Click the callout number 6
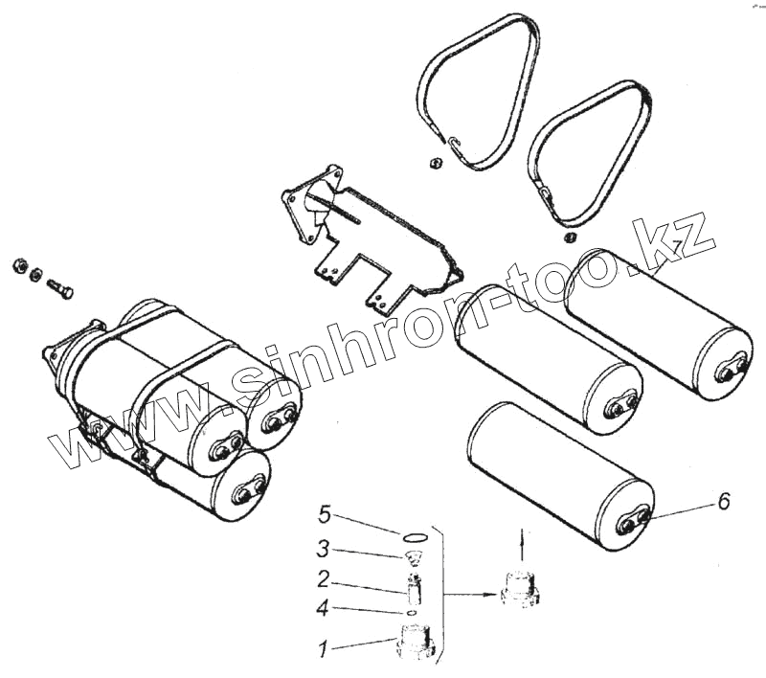724,501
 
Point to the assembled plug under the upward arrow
519,585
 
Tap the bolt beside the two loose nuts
58,285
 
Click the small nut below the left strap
433,164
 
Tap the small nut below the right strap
570,237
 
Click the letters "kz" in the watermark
682,236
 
